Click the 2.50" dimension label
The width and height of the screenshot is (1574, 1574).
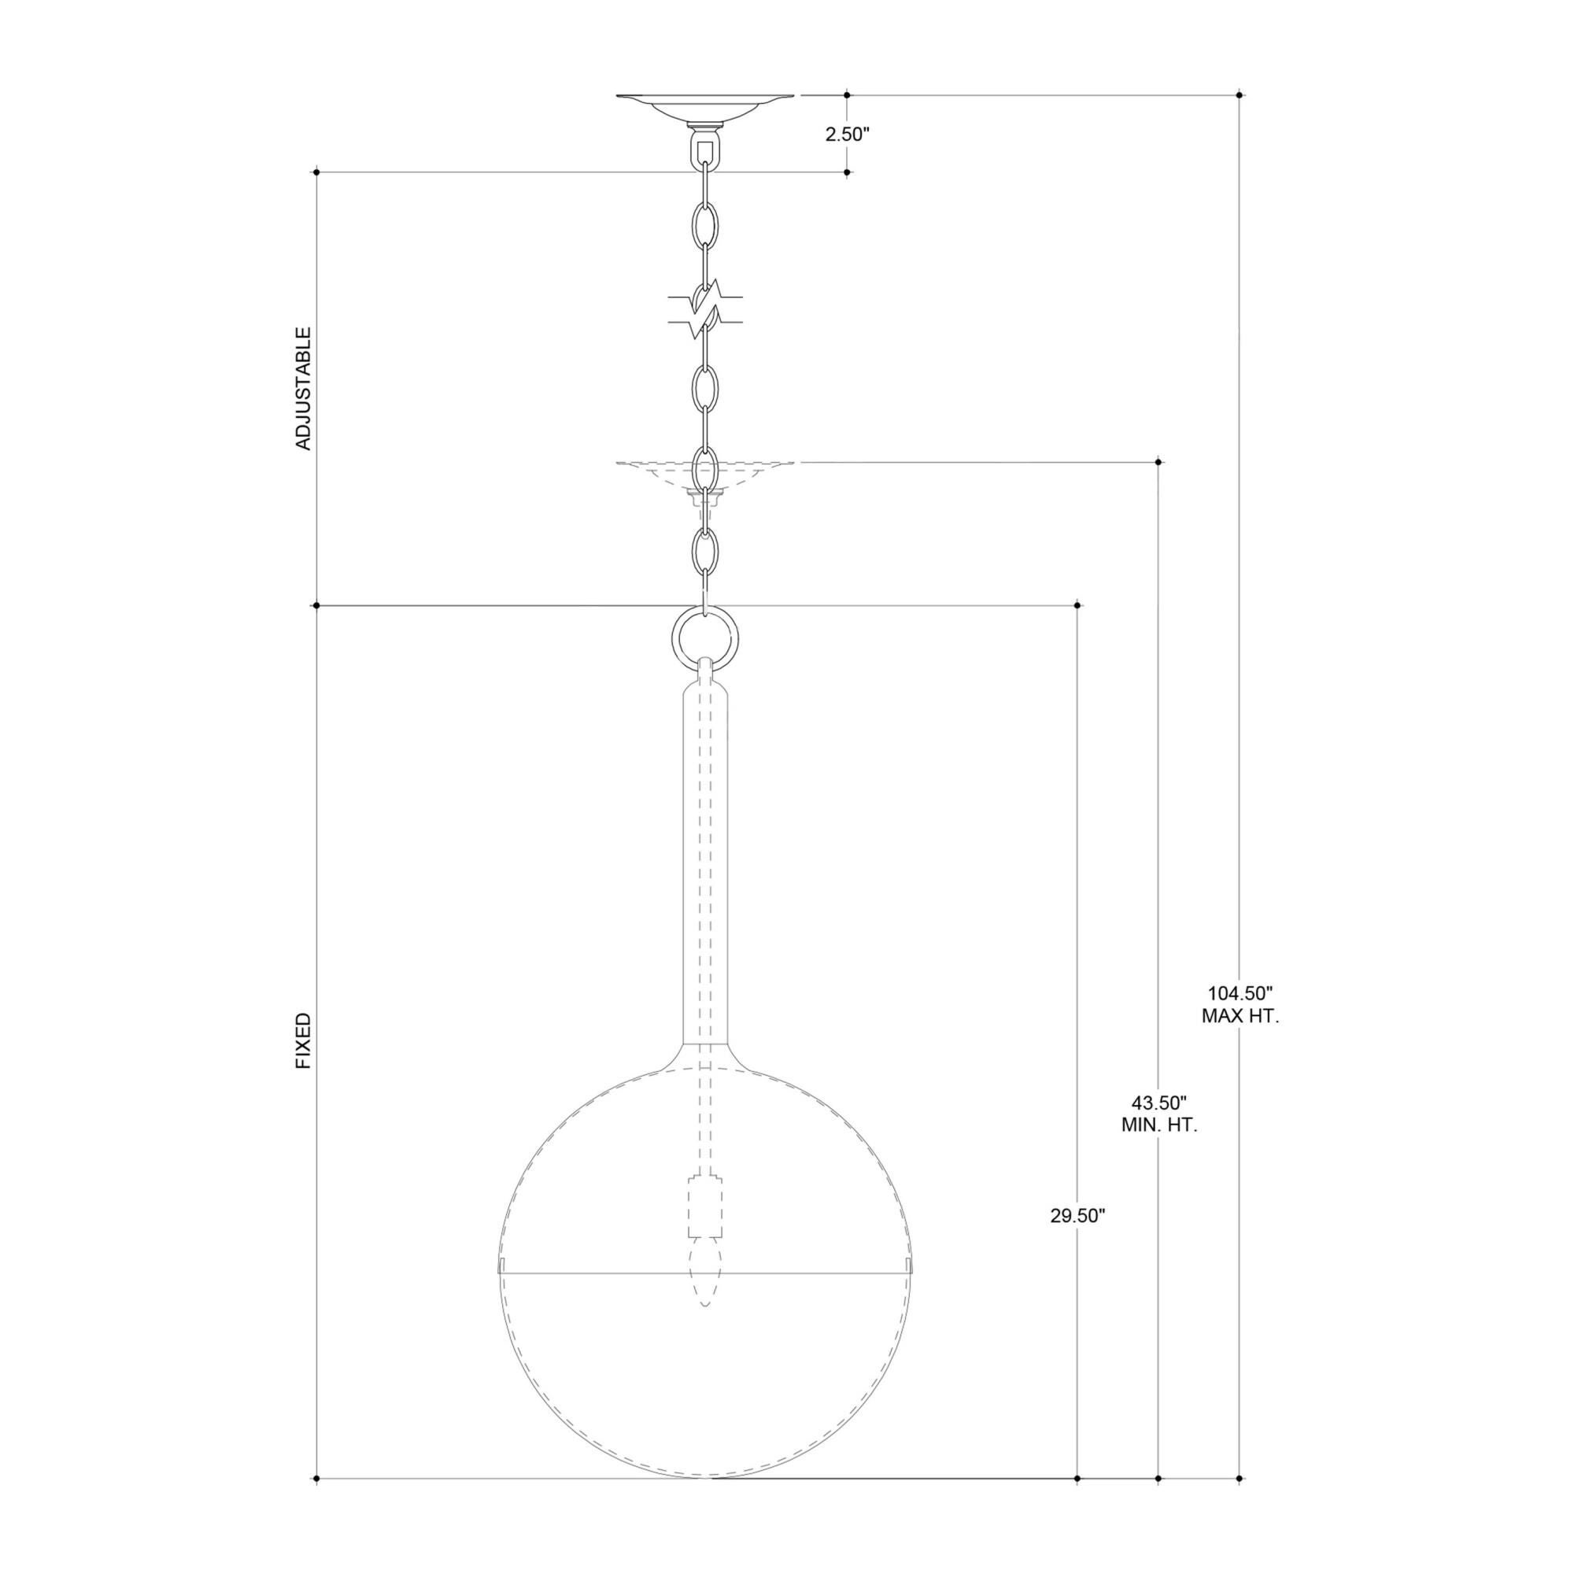point(848,135)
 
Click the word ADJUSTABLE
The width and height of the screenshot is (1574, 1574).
point(303,389)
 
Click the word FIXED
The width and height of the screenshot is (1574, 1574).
point(303,1041)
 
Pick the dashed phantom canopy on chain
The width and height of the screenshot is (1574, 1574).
point(704,472)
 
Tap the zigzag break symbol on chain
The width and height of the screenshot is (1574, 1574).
point(704,309)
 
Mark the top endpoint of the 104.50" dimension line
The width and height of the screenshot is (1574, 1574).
point(1240,95)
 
